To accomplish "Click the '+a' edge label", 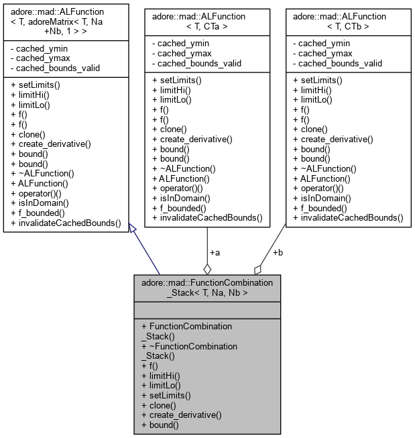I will coord(215,253).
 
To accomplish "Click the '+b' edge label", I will coord(278,253).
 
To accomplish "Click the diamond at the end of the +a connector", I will coord(207,269).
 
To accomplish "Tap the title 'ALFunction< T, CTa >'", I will coord(207,20).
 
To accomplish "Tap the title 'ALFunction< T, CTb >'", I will coord(347,20).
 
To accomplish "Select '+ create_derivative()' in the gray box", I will coord(180,415).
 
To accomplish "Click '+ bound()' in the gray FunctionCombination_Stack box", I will coord(161,425).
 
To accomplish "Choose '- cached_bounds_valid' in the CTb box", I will coord(337,64).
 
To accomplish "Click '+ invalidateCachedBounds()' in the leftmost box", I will coord(66,223).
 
